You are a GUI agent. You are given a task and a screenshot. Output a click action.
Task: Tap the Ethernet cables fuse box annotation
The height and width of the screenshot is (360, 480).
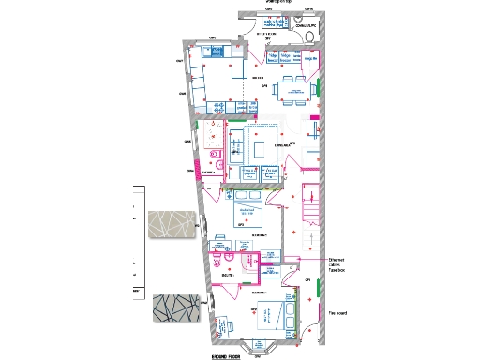[339, 264]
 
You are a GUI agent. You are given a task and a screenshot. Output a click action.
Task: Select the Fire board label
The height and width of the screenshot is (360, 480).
[338, 313]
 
